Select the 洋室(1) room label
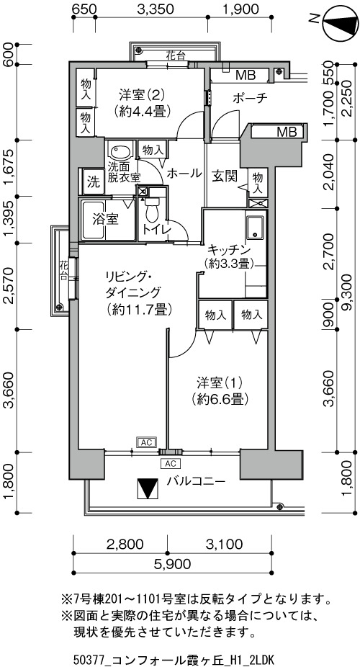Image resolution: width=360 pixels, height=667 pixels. [x=220, y=382]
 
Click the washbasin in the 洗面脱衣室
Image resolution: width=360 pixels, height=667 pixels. [x=121, y=151]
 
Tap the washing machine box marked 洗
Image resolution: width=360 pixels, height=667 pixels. [x=94, y=182]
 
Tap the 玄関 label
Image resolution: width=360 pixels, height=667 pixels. [x=224, y=176]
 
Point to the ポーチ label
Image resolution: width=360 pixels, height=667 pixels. [x=250, y=98]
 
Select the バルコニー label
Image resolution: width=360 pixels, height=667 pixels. [x=196, y=481]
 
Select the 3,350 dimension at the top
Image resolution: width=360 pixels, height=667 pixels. [x=156, y=9]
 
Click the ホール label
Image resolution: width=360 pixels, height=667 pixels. [x=184, y=174]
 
